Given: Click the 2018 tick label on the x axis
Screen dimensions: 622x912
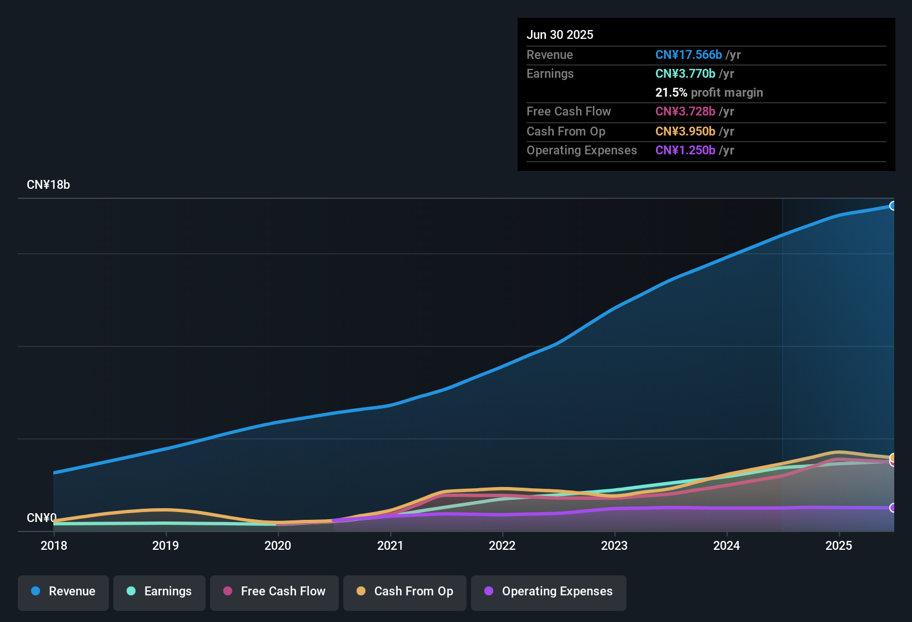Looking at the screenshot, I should [54, 545].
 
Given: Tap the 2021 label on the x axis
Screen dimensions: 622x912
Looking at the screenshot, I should [390, 545].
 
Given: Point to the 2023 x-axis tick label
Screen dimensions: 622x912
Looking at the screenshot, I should [614, 545].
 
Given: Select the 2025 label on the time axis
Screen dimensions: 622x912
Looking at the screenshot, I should [839, 545].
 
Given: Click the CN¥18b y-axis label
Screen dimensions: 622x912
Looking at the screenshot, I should [48, 185].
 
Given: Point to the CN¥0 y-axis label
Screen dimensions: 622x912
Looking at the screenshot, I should [42, 518].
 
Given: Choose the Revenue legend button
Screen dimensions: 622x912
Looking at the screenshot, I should [63, 591].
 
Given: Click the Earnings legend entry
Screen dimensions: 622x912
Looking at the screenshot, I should [159, 591].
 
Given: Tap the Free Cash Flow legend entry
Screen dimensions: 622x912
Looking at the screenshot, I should [274, 591].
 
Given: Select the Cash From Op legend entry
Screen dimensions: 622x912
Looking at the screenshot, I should [405, 591].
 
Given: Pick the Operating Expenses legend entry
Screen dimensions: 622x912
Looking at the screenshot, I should [549, 591].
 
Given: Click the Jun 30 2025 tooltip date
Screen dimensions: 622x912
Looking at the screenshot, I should [560, 35].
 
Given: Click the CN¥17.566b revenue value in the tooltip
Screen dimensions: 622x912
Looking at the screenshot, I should [688, 55].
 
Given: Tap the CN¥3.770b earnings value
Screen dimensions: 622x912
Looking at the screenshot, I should [685, 74].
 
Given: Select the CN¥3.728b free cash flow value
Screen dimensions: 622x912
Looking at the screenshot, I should [685, 112].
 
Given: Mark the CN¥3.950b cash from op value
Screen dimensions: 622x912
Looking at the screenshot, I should [685, 132].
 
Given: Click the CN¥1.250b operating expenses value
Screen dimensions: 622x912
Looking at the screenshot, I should [685, 151].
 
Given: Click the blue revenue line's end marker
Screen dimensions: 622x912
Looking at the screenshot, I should [893, 206].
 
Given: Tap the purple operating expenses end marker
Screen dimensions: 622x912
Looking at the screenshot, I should [893, 508].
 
